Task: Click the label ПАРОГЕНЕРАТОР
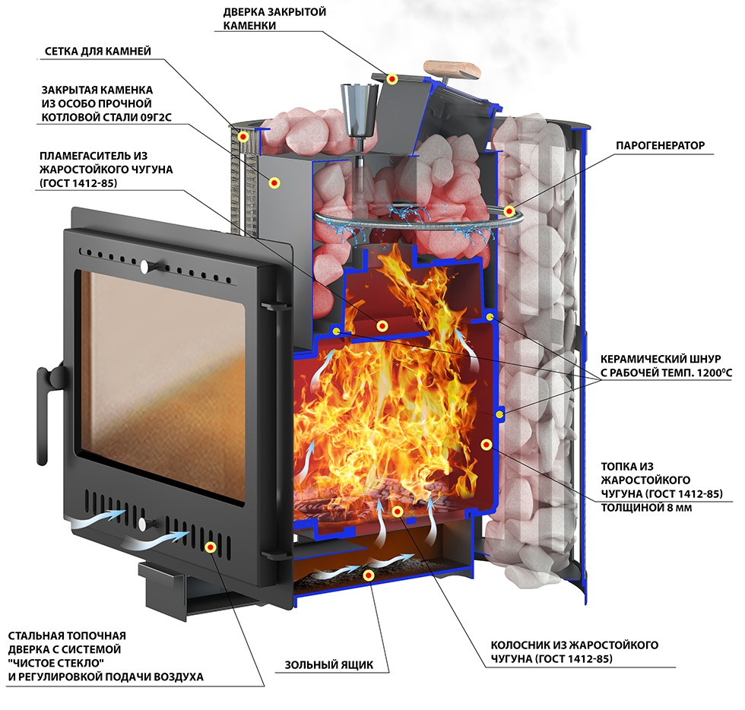(x=660, y=145)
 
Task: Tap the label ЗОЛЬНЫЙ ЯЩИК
(x=328, y=665)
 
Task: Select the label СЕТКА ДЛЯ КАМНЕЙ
(x=98, y=52)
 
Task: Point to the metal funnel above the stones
(x=360, y=110)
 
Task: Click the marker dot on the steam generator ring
(x=509, y=211)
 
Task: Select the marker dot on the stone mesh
(x=243, y=137)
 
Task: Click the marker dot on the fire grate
(x=398, y=512)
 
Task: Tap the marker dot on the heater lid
(x=392, y=79)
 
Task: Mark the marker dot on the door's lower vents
(x=211, y=547)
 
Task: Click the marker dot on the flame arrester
(x=382, y=326)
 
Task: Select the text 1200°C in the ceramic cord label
(x=715, y=372)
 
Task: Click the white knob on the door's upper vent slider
(x=144, y=268)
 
